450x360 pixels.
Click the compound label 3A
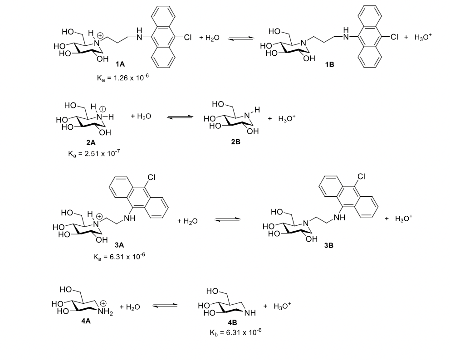click(x=120, y=245)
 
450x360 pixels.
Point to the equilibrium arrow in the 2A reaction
click(x=176, y=117)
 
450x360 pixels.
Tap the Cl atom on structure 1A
click(x=188, y=38)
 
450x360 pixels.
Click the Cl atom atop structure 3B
click(x=348, y=177)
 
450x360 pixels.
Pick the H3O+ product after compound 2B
click(x=288, y=118)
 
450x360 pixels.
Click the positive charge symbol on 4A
click(x=104, y=303)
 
